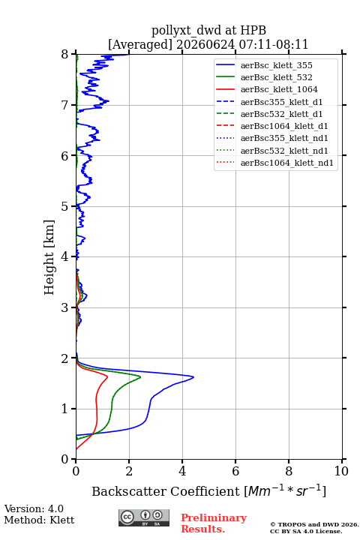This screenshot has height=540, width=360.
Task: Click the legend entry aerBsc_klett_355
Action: coord(276,65)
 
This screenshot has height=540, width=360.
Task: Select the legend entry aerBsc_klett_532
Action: coord(276,77)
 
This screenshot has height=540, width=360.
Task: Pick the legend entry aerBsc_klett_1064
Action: coord(279,89)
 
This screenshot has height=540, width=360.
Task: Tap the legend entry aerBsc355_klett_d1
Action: coord(281,102)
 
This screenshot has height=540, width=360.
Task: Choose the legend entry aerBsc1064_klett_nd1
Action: coord(287,163)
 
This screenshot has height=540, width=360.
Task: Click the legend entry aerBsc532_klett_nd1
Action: coord(284,151)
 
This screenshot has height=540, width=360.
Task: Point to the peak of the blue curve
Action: coord(193,377)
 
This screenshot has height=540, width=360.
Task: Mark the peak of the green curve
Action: coord(140,377)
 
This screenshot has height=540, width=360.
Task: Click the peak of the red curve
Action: coord(108,377)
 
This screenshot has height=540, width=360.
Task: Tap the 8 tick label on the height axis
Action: coord(65,55)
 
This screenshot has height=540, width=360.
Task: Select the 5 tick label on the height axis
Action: coord(65,206)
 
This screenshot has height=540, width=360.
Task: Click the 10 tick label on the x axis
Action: coord(341,471)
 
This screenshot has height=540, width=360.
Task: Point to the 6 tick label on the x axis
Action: coord(235,471)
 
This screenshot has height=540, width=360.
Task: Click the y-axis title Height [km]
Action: coord(49,257)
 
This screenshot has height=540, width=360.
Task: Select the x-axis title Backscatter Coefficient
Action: coord(166,491)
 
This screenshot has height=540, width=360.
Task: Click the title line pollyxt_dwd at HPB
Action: coord(208,30)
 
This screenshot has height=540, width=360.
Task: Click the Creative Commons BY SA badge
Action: coord(144,518)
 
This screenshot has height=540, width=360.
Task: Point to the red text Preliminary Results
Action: coord(214,523)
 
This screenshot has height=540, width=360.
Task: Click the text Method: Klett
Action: coord(39,520)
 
